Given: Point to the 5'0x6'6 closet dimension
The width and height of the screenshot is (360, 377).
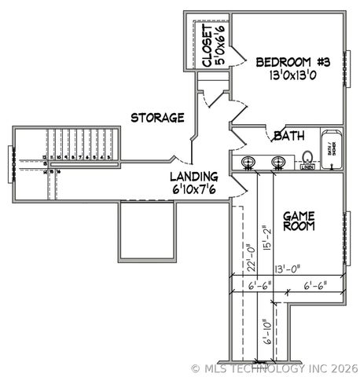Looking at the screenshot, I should click(221, 45).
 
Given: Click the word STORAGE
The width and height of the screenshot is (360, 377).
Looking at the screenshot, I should click(157, 118).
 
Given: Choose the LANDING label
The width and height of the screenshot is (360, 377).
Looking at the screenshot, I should click(193, 178).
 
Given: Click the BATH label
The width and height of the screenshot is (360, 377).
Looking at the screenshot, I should click(288, 136).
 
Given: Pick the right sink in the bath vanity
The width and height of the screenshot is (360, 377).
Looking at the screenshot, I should click(278, 163).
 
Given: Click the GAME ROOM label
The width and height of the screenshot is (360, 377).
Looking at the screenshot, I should click(299, 220).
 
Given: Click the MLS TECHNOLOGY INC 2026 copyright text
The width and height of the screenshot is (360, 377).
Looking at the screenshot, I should click(274, 368).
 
